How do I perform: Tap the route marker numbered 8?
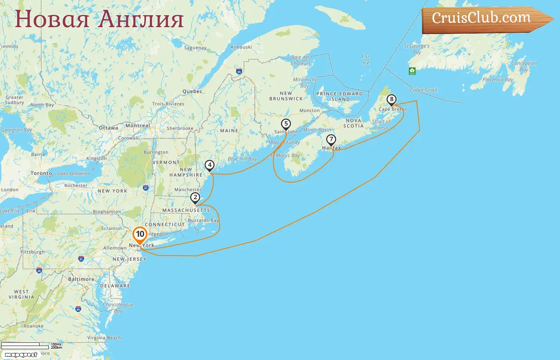pos(392,100)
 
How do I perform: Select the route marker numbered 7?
pos(331,140)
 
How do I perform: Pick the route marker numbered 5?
pos(286,124)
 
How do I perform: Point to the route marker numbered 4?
pos(210,165)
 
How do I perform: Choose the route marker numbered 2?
pos(195,198)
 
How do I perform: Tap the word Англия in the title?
pos(141,19)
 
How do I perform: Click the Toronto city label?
pos(41,173)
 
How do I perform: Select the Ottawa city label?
pos(108,128)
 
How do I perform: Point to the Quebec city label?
pos(192,91)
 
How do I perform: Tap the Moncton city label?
pos(310,110)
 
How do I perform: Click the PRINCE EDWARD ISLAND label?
pos(340,96)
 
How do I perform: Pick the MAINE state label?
pos(229,131)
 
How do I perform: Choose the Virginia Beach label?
pos(104,338)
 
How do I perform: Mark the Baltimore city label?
pos(81,279)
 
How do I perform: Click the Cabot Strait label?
pos(424,90)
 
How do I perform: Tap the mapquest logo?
pos(21,354)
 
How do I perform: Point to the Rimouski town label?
pos(241,47)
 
